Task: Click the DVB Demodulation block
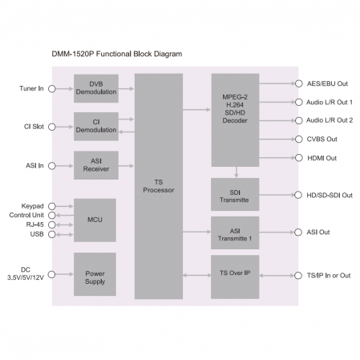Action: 96,88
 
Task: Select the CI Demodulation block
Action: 96,127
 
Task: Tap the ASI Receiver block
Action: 96,165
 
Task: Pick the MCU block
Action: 95,220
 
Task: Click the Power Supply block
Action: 95,274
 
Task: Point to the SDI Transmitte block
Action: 235,194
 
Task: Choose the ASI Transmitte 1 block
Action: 235,233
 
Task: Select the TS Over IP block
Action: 235,277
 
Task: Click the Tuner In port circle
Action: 52,88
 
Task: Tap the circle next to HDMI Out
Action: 299,158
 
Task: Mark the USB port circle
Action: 52,234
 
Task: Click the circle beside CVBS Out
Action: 299,139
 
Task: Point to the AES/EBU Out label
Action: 327,83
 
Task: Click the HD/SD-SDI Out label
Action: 330,195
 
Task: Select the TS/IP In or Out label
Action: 329,275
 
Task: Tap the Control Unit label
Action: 26,215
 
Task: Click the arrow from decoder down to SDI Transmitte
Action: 237,172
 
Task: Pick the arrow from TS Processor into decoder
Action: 196,109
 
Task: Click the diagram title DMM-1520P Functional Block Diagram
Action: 117,54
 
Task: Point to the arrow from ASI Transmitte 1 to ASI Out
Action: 277,233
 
